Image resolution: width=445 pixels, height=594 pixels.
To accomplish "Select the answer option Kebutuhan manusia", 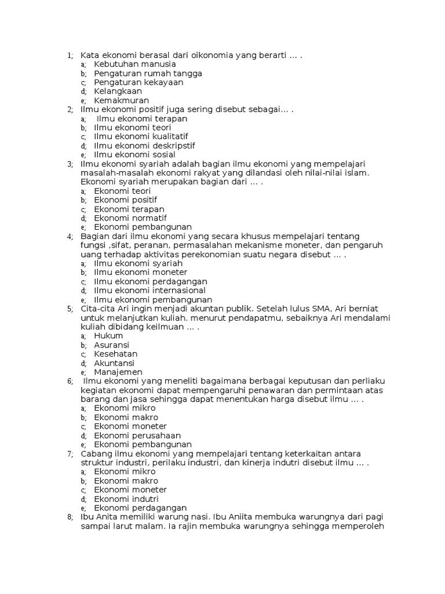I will (x=134, y=64).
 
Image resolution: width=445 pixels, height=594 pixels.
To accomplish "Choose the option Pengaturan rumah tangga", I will (x=148, y=74).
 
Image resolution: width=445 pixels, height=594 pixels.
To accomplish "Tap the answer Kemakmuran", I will (x=121, y=100).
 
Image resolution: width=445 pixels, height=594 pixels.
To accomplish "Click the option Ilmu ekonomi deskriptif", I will (x=144, y=146).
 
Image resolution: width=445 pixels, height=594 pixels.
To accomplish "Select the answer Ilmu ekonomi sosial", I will (x=134, y=155).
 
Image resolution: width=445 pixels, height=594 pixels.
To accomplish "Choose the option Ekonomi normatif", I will (x=130, y=218).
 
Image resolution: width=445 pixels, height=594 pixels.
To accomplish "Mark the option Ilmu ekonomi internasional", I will (x=149, y=290).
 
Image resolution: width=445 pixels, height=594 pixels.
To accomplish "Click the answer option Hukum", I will (x=108, y=335).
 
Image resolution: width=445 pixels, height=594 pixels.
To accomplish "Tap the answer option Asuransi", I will (x=112, y=345).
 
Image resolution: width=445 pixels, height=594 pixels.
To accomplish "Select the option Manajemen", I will (x=118, y=372).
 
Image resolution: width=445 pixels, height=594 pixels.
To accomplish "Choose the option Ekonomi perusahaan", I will (x=137, y=435).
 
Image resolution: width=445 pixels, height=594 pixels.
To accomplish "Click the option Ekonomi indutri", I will (x=126, y=498).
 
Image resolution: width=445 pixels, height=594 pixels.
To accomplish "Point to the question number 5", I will (x=70, y=309).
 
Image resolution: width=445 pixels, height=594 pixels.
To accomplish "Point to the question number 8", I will (x=70, y=517).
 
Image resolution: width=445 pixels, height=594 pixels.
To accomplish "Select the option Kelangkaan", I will (x=118, y=91).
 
